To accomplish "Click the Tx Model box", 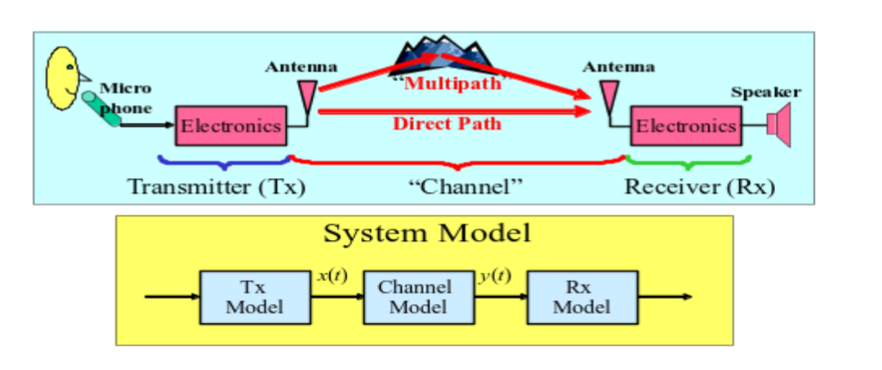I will click(241, 296).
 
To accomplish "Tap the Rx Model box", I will click(580, 296).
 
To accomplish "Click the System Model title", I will click(427, 234).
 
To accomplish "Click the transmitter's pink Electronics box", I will click(231, 126).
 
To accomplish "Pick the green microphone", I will click(102, 107).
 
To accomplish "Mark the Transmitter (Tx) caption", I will click(215, 185).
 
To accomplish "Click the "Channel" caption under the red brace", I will click(466, 185).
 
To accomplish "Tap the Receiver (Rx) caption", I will click(698, 185).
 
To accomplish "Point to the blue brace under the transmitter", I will click(222, 161).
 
